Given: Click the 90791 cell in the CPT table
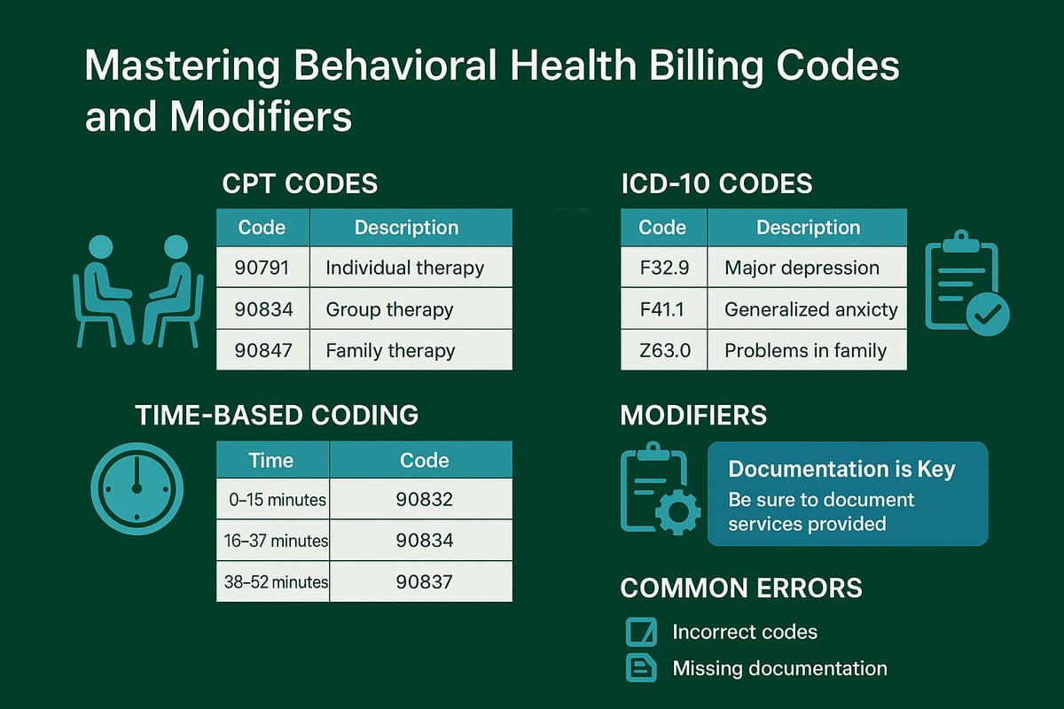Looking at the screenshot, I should pos(262,268).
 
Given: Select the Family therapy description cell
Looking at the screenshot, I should pos(410,350).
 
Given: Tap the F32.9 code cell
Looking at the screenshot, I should pos(663,268).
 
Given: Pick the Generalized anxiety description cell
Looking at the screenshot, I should pos(807,309).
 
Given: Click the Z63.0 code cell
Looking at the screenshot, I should pos(663,350).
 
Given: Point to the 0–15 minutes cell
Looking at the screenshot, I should pos(273,500).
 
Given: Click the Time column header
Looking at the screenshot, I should pos(271,460).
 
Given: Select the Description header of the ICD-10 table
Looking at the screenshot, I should pos(807,228).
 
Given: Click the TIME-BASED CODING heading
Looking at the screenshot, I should pos(277,415).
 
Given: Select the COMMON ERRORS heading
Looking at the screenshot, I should pos(740,588).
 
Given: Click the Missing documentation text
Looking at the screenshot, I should pos(779,668).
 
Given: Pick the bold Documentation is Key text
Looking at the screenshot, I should pos(841,469).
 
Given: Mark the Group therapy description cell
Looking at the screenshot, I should pos(410,309).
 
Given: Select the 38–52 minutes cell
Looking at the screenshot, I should pos(273,582).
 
